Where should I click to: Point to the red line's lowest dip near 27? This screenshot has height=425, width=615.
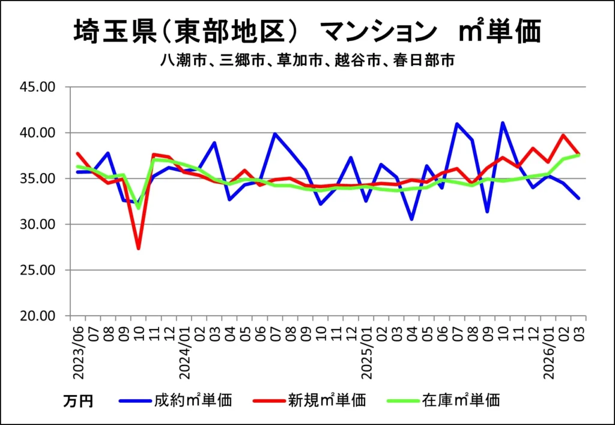[x=139, y=248]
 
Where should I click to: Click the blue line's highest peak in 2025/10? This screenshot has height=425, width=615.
[x=502, y=123]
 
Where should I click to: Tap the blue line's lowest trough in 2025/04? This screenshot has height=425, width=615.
[x=411, y=219]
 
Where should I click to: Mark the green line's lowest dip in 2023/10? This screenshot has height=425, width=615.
[x=139, y=208]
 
